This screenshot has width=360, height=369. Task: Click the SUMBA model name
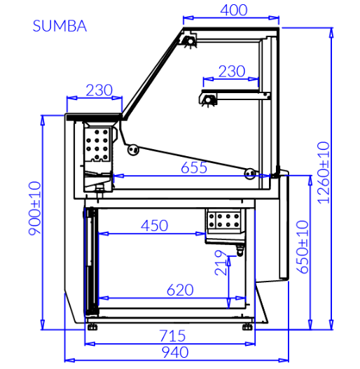point(60,26)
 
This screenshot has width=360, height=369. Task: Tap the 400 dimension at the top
point(234,10)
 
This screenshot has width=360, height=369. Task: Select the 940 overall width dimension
point(175,352)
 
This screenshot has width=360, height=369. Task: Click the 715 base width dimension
point(172,335)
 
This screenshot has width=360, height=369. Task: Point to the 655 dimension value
point(194,167)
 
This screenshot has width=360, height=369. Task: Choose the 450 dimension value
point(154,225)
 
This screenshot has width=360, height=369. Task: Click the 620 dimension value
point(180,290)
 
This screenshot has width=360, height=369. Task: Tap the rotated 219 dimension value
point(221,263)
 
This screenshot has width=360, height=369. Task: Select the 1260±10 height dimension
point(324,173)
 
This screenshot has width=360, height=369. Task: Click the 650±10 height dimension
point(302,247)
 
